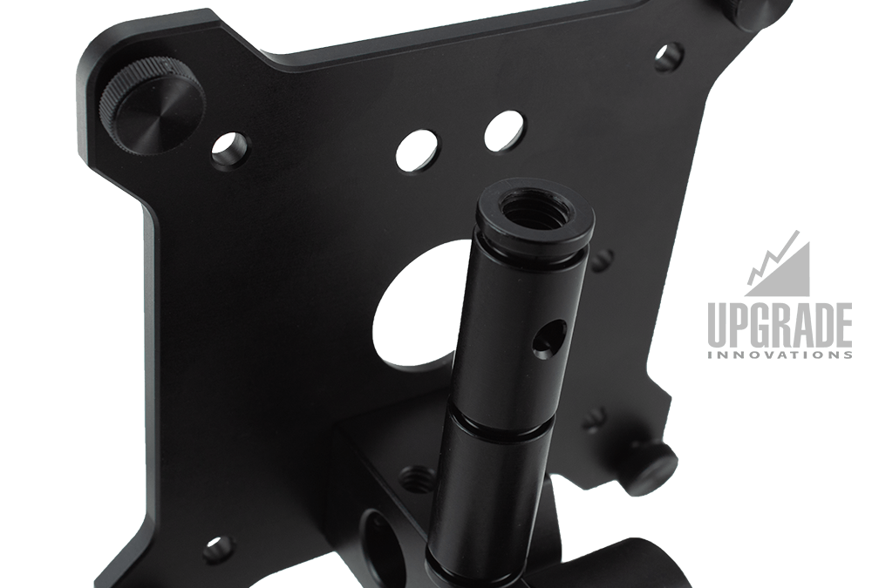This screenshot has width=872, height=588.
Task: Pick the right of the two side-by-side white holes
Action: [x=504, y=132]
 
